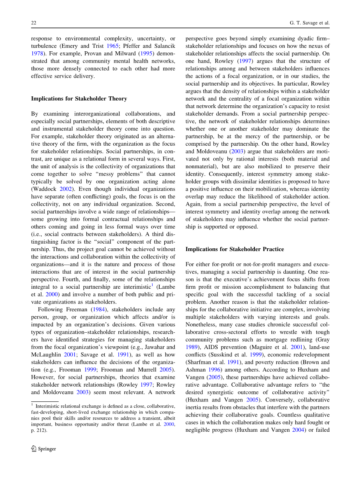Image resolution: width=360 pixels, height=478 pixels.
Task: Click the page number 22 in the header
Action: point(33,23)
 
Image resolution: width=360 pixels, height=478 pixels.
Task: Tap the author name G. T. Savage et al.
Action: point(310,23)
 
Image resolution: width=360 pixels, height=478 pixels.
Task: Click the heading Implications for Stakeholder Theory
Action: point(79,99)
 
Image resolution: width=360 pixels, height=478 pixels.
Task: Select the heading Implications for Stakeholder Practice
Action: point(235,249)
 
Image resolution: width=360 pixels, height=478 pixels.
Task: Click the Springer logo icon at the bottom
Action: point(34,448)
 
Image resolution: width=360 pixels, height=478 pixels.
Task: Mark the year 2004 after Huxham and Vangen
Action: point(298,430)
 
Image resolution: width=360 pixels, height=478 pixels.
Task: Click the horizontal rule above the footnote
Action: point(45,402)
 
